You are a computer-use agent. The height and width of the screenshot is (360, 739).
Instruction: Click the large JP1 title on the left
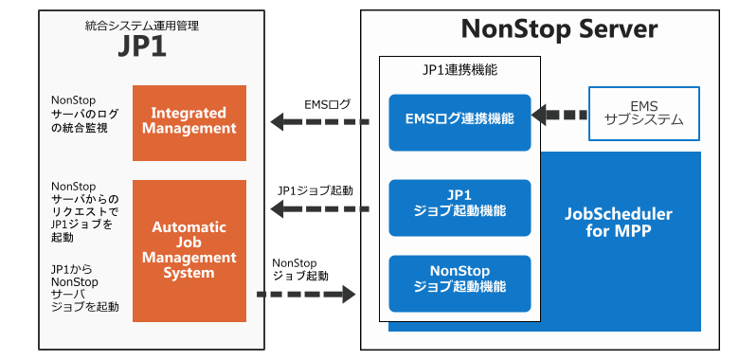point(142,47)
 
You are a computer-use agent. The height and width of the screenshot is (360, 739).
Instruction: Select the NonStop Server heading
point(559,29)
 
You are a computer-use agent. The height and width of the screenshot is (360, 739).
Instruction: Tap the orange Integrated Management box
point(189,122)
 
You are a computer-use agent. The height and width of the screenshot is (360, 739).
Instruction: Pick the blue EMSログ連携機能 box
point(460,120)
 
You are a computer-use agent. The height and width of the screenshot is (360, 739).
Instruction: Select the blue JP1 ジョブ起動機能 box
point(460,206)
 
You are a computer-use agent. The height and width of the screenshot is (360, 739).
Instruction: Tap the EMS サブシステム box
point(644,114)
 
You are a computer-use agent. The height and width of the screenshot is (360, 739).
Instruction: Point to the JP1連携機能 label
point(460,69)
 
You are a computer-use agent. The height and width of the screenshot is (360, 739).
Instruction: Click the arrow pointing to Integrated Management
point(318,121)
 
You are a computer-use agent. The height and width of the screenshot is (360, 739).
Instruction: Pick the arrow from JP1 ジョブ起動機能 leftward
point(318,207)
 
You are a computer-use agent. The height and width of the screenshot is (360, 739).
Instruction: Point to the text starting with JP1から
point(84,287)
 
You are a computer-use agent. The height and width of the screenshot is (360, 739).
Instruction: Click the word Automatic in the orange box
point(189,227)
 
